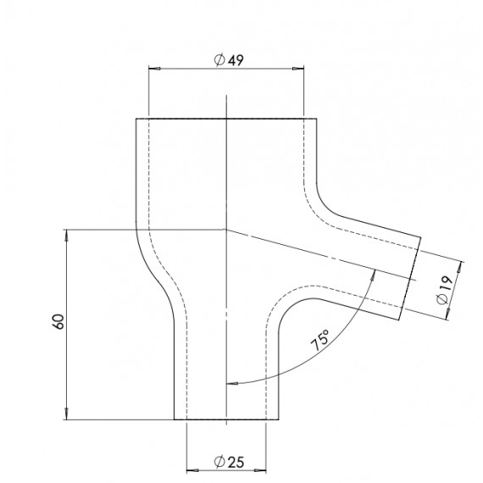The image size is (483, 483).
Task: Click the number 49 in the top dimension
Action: [x=236, y=60]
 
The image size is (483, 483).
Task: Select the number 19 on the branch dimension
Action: [x=442, y=289]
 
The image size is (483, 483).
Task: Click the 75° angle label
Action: [x=320, y=342]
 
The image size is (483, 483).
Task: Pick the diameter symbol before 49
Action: [x=219, y=60]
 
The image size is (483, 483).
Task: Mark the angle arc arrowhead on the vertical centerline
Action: [x=230, y=382]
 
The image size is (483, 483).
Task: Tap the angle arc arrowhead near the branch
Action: [x=374, y=275]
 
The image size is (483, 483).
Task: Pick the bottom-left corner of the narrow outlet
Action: [x=174, y=419]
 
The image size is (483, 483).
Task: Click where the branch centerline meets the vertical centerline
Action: [x=226, y=229]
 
